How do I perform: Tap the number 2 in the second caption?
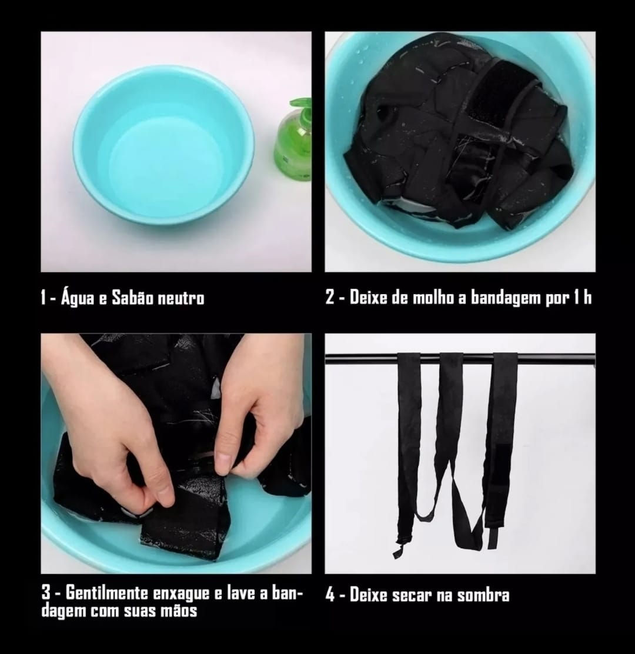[x=330, y=298]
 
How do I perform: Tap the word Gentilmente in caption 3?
[x=106, y=593]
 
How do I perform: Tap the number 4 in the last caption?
[x=330, y=595]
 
